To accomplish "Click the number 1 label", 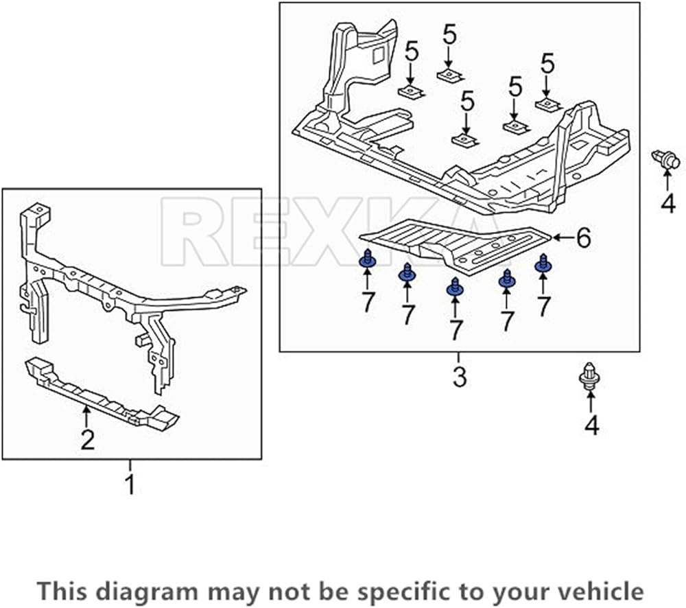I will [130, 484].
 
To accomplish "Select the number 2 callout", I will [87, 439].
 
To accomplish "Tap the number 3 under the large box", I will [459, 376].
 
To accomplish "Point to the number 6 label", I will [582, 238].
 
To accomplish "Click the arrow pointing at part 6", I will [562, 237].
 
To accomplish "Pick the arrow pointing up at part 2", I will [86, 416].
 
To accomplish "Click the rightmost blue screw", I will [545, 263].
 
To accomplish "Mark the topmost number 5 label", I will [449, 34].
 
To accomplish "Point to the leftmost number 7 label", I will [368, 301].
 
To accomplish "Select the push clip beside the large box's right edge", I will [665, 160].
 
